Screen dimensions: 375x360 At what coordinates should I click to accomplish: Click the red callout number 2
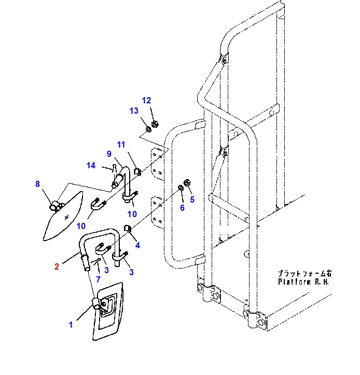coord(57,266)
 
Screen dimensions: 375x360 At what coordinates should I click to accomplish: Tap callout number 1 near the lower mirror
coord(71,325)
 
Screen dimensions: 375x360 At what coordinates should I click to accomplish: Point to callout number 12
coord(146,100)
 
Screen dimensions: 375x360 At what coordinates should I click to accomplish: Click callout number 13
coord(134,111)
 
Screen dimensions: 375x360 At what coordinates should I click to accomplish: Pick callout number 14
coord(91,165)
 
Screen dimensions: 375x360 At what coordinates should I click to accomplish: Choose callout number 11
coord(121,144)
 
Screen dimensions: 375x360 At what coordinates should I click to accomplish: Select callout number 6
coord(182,208)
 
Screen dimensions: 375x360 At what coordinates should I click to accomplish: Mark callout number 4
coord(137,245)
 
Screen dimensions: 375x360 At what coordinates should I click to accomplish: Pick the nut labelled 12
coord(155,125)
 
